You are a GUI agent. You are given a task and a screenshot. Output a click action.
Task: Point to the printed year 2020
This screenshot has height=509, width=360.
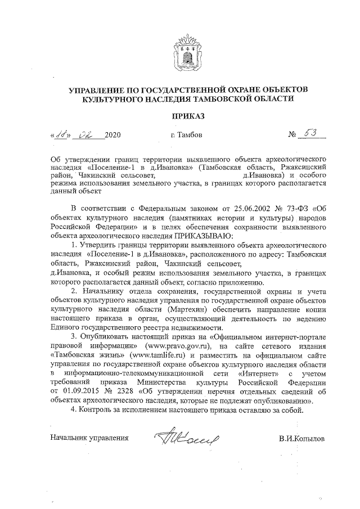[112, 136]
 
